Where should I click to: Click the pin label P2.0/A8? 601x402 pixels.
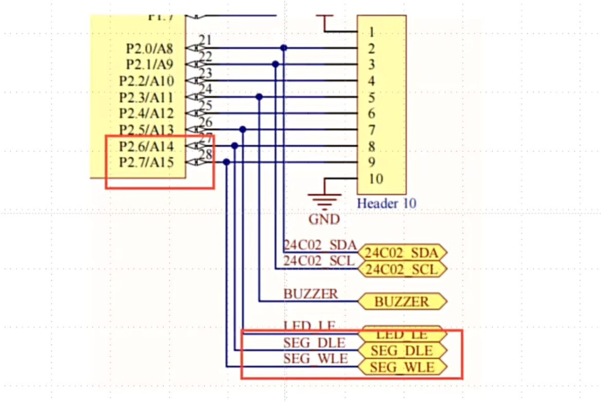pos(150,49)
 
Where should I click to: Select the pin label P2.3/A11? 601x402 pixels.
pos(146,98)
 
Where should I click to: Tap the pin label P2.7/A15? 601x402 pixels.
pos(146,163)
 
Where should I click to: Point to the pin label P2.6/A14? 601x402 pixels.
pos(146,146)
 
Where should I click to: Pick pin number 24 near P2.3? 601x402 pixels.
pos(205,89)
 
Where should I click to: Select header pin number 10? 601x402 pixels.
pos(375,179)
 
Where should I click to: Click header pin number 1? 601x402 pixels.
pos(371,32)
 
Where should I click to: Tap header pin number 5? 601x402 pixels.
pos(371,98)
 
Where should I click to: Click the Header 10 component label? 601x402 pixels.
pos(387,203)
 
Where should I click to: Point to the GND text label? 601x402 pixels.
pos(324,219)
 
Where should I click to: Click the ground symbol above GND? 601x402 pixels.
pos(324,200)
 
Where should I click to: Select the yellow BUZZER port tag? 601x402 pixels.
pos(402,301)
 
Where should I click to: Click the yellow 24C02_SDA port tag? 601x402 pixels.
pos(402,253)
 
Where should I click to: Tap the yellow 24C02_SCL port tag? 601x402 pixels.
pos(402,269)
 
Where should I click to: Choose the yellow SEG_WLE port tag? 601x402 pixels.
pos(402,367)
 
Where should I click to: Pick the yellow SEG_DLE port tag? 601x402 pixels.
pos(402,351)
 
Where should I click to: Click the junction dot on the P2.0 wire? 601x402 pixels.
pos(283,48)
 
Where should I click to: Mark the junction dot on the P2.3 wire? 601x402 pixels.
pos(259,97)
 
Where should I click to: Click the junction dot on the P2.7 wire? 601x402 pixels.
pos(226,162)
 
